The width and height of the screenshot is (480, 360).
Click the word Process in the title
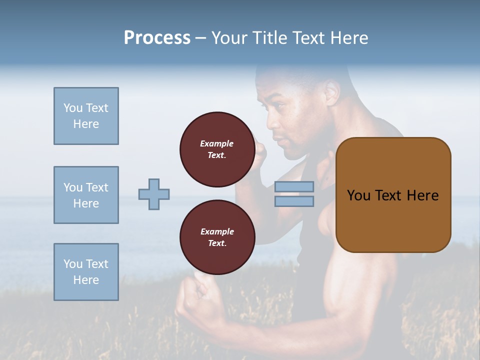(x=157, y=37)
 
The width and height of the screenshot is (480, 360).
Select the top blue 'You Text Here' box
(x=86, y=116)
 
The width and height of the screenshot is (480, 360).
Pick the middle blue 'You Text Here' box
(x=86, y=195)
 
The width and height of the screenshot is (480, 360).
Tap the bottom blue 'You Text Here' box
(x=86, y=272)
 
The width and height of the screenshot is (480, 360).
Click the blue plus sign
(x=154, y=194)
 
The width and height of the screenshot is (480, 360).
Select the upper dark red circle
(x=217, y=149)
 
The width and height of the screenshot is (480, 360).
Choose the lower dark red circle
(x=217, y=237)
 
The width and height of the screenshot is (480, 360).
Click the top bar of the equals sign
(x=294, y=186)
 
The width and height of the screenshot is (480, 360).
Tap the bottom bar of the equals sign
(x=294, y=201)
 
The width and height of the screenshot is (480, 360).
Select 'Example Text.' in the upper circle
(x=217, y=149)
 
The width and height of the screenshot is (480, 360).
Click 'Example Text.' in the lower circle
(x=217, y=237)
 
